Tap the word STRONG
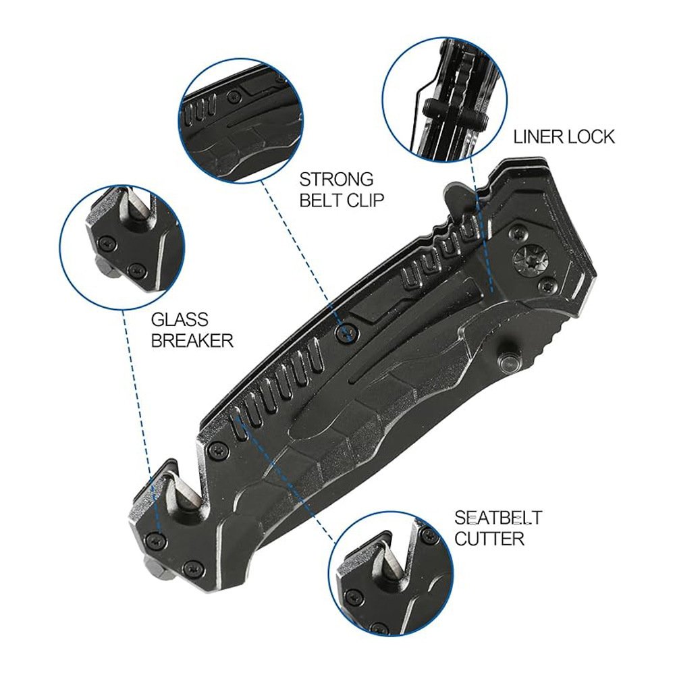coord(336,179)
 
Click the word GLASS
coord(180,319)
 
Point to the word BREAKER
coord(192,340)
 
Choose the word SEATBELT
coord(499,518)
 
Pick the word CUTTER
coord(489,539)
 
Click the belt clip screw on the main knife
coord(348,331)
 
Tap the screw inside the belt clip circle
coord(234,96)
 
